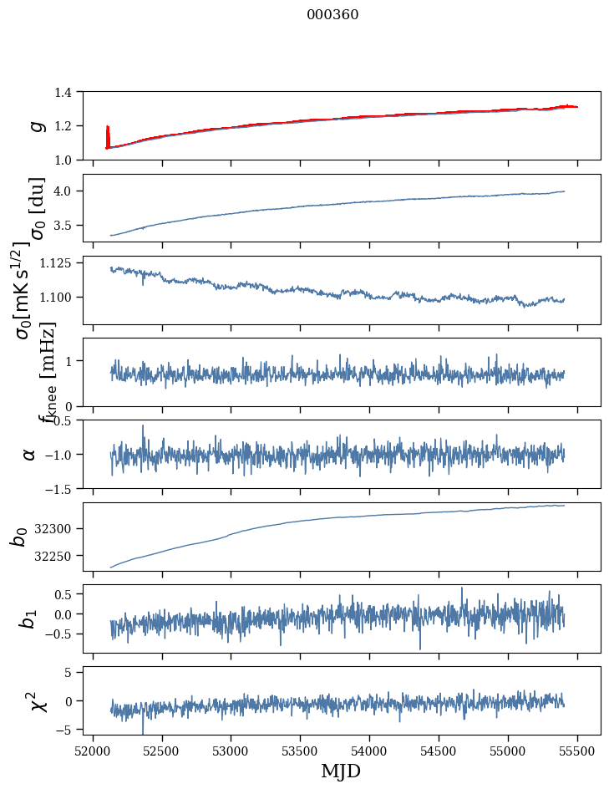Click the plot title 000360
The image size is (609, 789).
tap(332, 14)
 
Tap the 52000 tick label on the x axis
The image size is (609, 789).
tap(93, 749)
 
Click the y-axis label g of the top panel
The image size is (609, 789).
tap(35, 125)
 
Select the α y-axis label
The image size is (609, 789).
tap(30, 454)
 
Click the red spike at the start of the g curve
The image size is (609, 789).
tap(108, 134)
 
